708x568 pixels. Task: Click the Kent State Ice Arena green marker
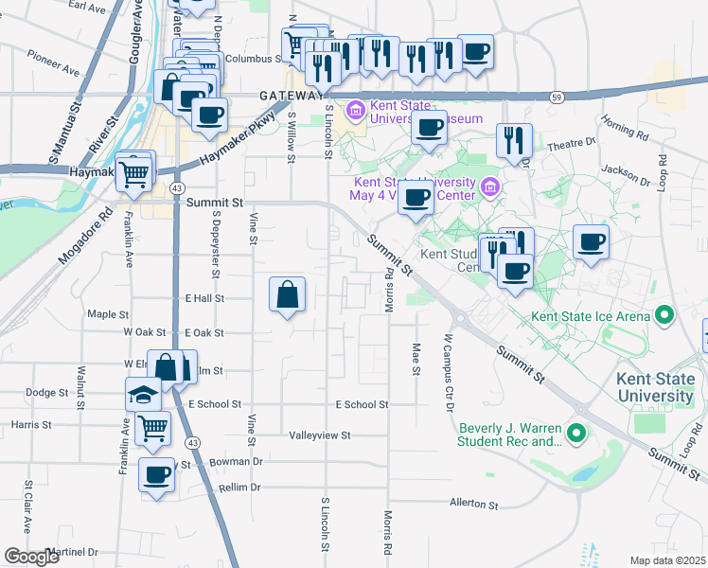664,315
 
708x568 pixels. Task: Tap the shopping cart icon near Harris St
152,428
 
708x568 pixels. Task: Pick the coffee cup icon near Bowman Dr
157,474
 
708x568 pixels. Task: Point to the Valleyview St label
320,435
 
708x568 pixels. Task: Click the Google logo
32,556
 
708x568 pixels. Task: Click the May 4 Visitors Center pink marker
489,187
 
